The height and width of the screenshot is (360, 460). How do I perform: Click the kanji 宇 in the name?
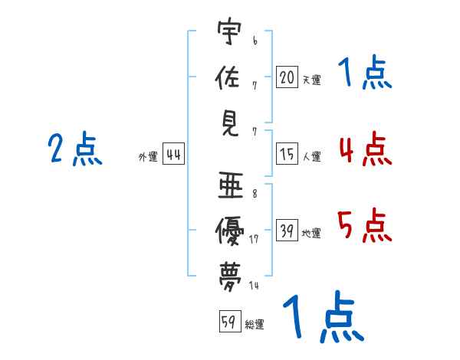point(229,31)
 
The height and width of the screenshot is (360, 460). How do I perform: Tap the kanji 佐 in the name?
point(228,77)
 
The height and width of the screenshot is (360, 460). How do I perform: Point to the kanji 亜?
point(231,185)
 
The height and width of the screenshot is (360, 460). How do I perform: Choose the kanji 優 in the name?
point(229,231)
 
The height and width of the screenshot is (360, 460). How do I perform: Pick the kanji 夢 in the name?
point(230,277)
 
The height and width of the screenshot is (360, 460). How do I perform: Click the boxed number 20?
point(287,77)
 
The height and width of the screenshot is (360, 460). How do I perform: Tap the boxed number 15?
point(287,154)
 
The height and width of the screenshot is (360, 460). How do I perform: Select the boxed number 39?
point(287,230)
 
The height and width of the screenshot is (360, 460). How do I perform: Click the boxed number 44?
point(174,154)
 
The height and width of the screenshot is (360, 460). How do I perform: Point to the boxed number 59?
point(230,321)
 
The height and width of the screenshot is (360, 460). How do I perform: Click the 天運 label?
point(312,80)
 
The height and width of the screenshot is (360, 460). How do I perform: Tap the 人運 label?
point(312,156)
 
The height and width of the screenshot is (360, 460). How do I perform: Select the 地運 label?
point(311,233)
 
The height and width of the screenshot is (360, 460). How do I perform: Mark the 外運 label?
point(148,156)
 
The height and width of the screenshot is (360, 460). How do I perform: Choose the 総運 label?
point(255,324)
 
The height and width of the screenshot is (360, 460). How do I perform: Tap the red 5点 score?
point(364,225)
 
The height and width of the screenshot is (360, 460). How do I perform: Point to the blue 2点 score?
point(75,149)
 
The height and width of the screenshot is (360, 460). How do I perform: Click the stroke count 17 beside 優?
point(254,239)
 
